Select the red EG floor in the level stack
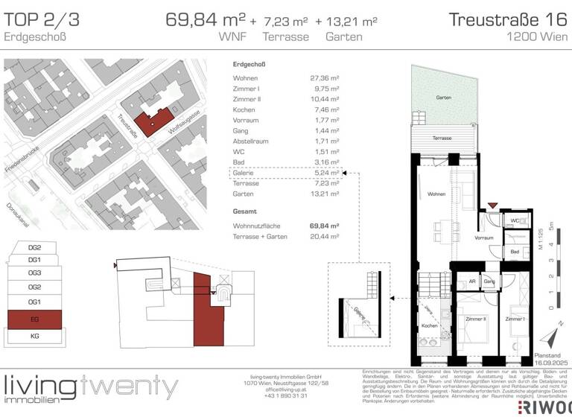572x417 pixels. tap(35, 320)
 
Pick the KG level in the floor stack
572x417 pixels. tap(35, 337)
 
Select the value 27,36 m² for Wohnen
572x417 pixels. tap(325, 77)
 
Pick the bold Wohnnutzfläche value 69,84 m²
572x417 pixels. tap(325, 225)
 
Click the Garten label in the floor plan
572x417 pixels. tap(444, 98)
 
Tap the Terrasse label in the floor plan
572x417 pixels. tap(442, 139)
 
